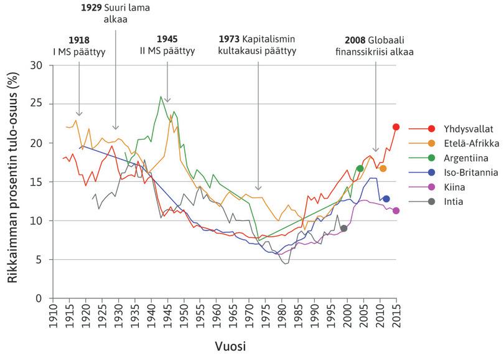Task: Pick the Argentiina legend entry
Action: click(459, 158)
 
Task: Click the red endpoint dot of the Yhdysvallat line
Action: click(396, 127)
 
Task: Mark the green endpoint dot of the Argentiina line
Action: click(360, 169)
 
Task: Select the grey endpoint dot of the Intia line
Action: click(343, 229)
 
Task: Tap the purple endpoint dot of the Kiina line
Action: click(396, 211)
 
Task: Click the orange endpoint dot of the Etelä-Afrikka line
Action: click(383, 169)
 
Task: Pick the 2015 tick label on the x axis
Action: click(396, 318)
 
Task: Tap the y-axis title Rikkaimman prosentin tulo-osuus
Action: click(13, 182)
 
